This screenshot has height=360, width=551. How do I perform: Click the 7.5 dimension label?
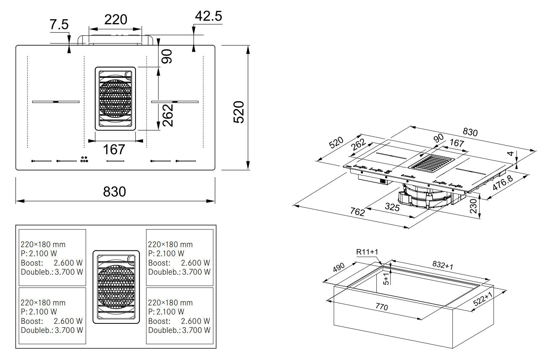[59, 25]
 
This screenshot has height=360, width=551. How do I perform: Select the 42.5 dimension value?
[208, 16]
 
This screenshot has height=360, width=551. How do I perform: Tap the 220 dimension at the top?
[116, 20]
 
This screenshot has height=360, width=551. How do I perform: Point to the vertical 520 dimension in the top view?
[239, 112]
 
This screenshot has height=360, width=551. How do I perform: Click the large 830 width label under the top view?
[115, 192]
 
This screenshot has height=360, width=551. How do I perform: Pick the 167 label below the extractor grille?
[114, 149]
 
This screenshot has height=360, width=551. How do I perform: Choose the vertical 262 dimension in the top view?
[168, 115]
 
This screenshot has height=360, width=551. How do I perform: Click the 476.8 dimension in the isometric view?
[503, 183]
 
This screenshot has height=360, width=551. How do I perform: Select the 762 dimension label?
[357, 212]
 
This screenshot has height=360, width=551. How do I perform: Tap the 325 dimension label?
[392, 207]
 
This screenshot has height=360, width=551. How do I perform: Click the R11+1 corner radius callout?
[367, 252]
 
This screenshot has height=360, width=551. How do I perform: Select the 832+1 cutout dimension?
[443, 265]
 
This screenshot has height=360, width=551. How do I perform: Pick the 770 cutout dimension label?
[382, 307]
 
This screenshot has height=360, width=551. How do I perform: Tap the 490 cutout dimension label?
[339, 267]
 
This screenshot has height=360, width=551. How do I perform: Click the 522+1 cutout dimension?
[483, 299]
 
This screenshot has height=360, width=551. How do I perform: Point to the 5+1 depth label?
[386, 279]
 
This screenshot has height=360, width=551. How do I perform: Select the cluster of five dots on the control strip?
[84, 159]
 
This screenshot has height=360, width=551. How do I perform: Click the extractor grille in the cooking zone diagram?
[116, 287]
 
